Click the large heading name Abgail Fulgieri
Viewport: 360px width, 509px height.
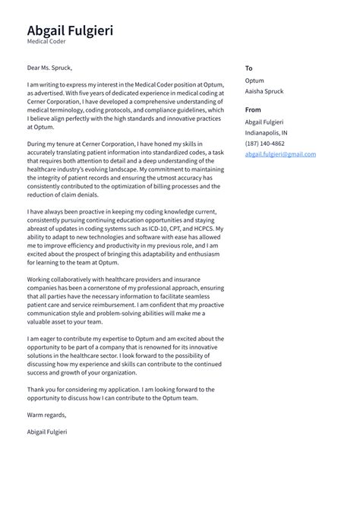coord(70,30)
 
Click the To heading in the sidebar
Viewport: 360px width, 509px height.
coord(248,68)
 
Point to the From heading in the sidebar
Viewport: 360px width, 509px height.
coord(253,110)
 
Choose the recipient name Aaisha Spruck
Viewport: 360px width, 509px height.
coord(264,91)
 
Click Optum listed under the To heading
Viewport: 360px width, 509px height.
coord(254,80)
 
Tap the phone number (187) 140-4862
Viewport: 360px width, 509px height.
coord(265,143)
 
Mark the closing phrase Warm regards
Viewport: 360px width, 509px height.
coord(46,415)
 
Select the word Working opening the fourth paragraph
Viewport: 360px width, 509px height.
coord(40,280)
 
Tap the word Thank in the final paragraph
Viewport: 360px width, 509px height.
coord(36,389)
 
